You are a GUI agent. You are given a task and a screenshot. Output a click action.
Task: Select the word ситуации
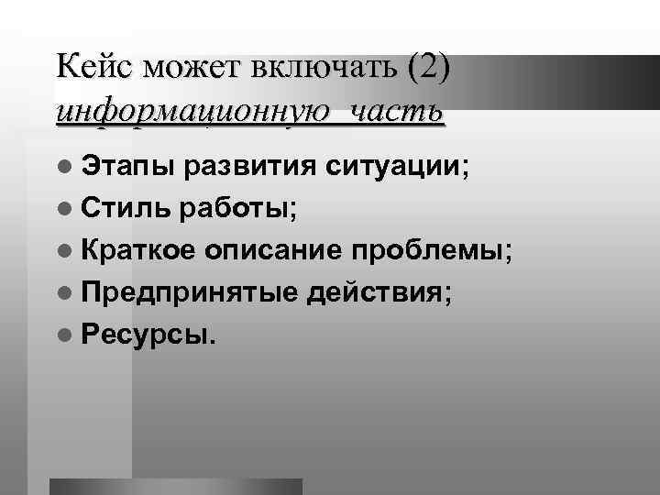tap(399, 169)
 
